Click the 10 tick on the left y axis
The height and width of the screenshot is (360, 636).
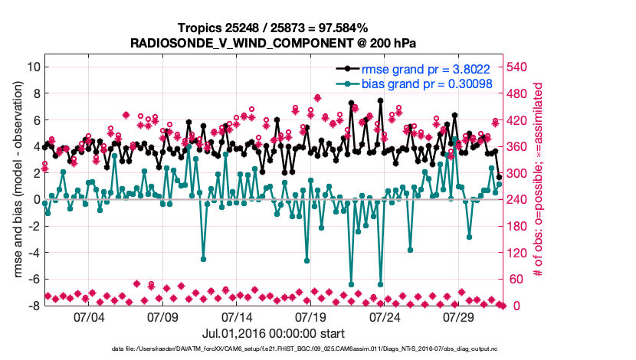pyautogui.click(x=33, y=67)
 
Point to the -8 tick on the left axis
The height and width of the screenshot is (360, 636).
pyautogui.click(x=34, y=306)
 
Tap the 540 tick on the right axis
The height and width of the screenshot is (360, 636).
pyautogui.click(x=518, y=67)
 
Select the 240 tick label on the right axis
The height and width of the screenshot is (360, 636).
pyautogui.click(x=518, y=199)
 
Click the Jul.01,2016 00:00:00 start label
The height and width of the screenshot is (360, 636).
pyautogui.click(x=274, y=333)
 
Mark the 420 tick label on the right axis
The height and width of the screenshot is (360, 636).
pyautogui.click(x=518, y=119)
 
